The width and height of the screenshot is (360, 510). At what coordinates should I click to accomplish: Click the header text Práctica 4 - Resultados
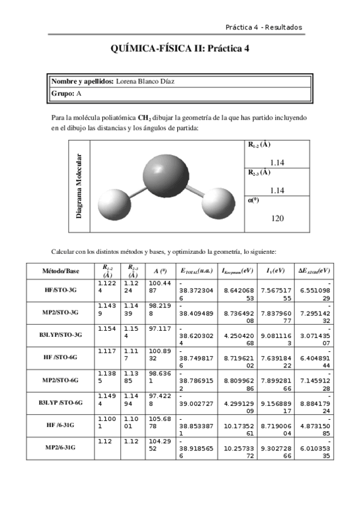point(263,27)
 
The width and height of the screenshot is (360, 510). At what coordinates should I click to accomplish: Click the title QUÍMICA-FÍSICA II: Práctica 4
point(180,50)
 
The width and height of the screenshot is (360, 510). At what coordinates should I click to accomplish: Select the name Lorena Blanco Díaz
point(145,82)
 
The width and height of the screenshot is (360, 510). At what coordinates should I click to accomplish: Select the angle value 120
point(277,218)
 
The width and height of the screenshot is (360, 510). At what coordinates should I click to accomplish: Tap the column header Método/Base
point(60,271)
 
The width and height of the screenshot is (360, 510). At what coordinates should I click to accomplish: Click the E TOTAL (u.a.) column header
point(196,271)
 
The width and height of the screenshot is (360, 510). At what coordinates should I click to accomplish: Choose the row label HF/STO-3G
point(60,290)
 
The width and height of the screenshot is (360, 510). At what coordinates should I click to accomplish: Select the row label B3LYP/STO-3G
point(60,335)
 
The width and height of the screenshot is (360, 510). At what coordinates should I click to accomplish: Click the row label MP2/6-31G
point(60,448)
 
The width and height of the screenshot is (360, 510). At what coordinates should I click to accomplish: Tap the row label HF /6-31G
point(60,425)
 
